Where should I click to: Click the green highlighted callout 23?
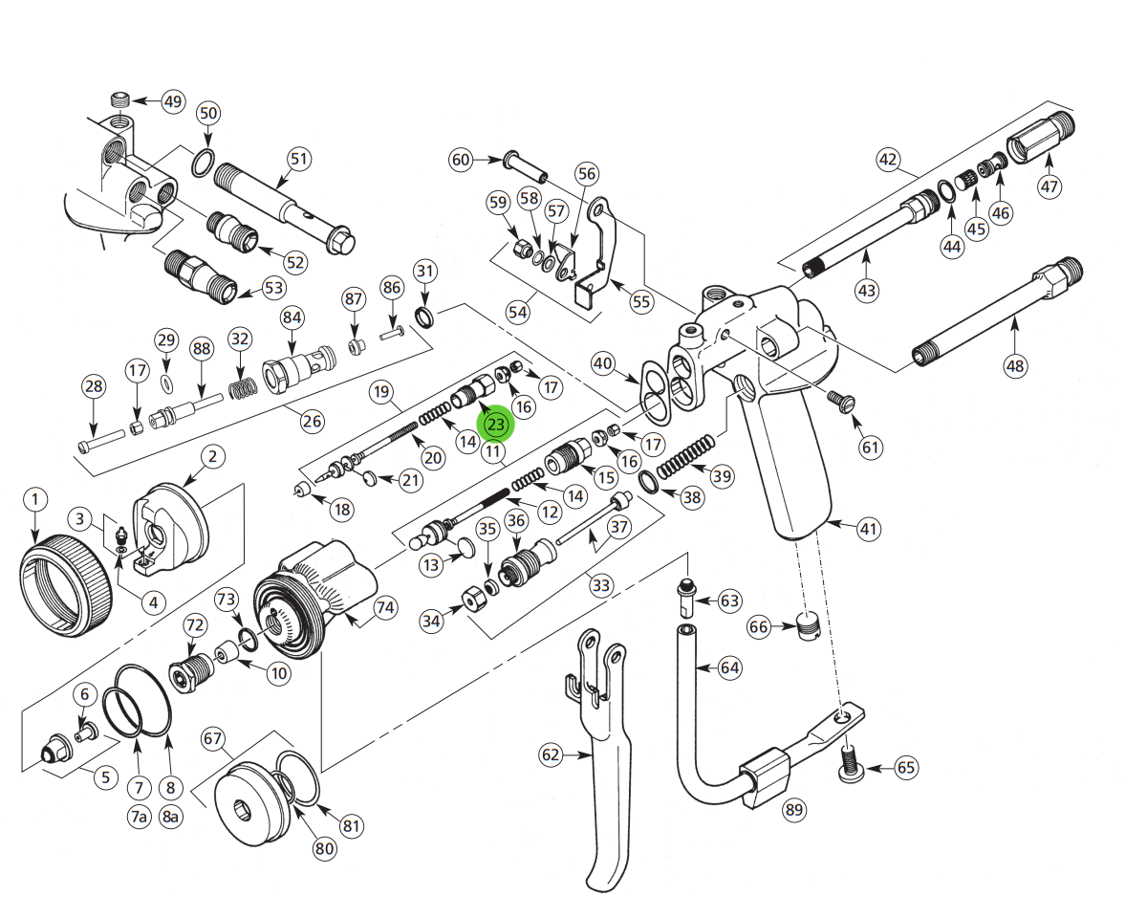tap(497, 422)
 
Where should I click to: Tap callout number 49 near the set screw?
tap(172, 102)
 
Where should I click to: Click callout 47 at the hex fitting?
tap(1049, 186)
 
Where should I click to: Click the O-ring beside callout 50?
tap(202, 164)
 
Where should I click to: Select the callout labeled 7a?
tap(140, 816)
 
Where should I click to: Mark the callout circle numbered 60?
tap(462, 160)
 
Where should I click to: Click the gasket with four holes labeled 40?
tap(655, 391)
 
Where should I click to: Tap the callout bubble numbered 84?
tap(292, 317)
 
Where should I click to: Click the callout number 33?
tap(600, 585)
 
